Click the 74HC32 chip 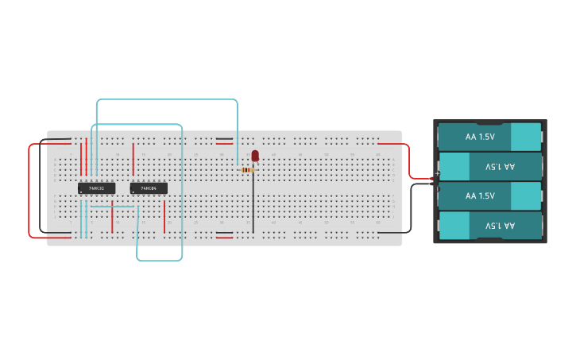click(x=96, y=188)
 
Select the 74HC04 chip click(x=149, y=188)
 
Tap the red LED click(x=255, y=156)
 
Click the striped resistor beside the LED click(x=247, y=170)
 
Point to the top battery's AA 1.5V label click(x=480, y=137)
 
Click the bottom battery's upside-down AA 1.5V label click(x=500, y=226)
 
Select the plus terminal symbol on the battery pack click(x=437, y=173)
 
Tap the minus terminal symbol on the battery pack click(x=437, y=184)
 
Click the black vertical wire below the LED click(x=253, y=203)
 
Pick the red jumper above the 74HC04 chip click(x=133, y=158)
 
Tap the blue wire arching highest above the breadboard click(x=167, y=100)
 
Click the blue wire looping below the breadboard click(x=159, y=260)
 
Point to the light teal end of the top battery click(x=525, y=137)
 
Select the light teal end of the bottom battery click(x=454, y=226)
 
